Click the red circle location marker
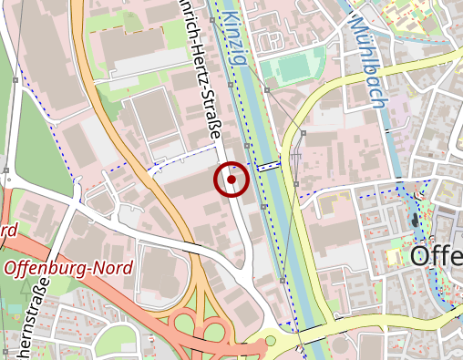click(x=231, y=180)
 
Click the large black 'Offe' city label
click(x=436, y=256)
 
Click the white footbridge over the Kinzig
click(x=268, y=166)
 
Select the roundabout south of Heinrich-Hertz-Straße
click(x=269, y=342)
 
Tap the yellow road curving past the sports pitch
click(x=301, y=128)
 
